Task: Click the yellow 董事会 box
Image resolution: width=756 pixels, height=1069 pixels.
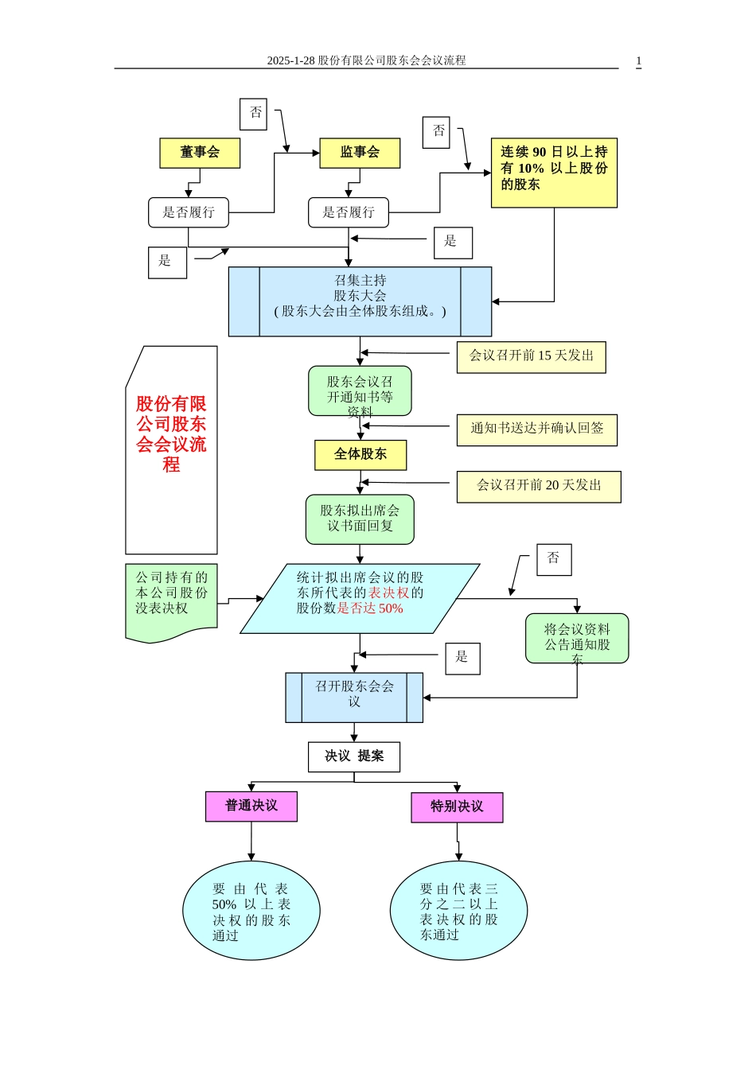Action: click(x=200, y=153)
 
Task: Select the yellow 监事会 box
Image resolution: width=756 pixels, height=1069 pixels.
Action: click(x=360, y=153)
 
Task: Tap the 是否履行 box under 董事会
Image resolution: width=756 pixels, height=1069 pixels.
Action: click(x=189, y=212)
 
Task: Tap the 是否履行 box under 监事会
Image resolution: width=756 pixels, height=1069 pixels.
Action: click(x=349, y=212)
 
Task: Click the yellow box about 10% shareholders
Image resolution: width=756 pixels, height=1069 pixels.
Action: click(x=554, y=173)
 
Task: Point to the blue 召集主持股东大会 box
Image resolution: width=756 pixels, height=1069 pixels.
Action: click(x=360, y=301)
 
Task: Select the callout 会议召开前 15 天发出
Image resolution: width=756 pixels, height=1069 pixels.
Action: click(x=531, y=356)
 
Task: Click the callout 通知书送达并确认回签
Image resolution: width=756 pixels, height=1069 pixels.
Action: click(x=536, y=430)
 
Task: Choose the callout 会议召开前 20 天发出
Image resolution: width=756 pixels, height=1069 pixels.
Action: click(x=538, y=486)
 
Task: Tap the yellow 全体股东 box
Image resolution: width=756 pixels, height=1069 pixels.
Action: click(x=360, y=455)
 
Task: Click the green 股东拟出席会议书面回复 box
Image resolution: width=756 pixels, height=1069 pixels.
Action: click(x=360, y=519)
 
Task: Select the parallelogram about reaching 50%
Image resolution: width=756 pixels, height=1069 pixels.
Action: click(x=360, y=598)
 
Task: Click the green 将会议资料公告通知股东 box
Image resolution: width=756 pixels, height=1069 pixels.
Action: click(x=577, y=638)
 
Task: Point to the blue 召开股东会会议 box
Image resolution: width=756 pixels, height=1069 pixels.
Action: click(x=354, y=698)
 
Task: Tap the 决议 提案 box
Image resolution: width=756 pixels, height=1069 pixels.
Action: click(x=354, y=756)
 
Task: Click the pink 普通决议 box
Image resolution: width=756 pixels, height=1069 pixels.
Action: click(x=251, y=806)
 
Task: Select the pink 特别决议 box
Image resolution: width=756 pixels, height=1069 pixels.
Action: click(x=457, y=807)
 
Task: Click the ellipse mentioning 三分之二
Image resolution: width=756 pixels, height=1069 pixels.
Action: click(x=458, y=911)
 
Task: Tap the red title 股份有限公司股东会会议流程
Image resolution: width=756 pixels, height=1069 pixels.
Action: click(x=171, y=434)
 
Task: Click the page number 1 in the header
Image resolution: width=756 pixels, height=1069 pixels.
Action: click(x=638, y=60)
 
